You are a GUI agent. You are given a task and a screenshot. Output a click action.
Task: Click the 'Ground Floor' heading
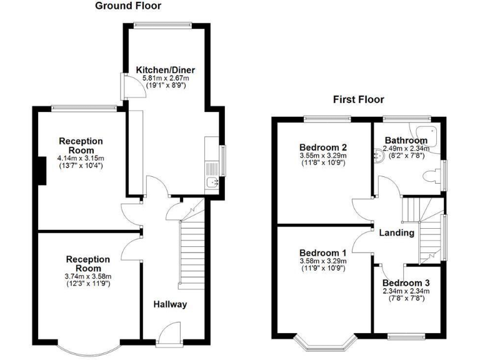(128, 6)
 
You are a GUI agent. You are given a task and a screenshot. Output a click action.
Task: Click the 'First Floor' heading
(358, 99)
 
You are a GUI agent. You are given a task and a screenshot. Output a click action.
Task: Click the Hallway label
(170, 304)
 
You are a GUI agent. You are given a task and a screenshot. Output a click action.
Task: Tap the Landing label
(396, 232)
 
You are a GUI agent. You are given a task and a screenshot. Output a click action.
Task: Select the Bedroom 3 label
(406, 282)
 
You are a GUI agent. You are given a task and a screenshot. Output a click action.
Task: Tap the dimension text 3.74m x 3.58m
(88, 276)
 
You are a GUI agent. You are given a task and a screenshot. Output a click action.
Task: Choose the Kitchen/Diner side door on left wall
(127, 86)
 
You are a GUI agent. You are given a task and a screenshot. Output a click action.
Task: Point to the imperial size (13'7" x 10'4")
(81, 166)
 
